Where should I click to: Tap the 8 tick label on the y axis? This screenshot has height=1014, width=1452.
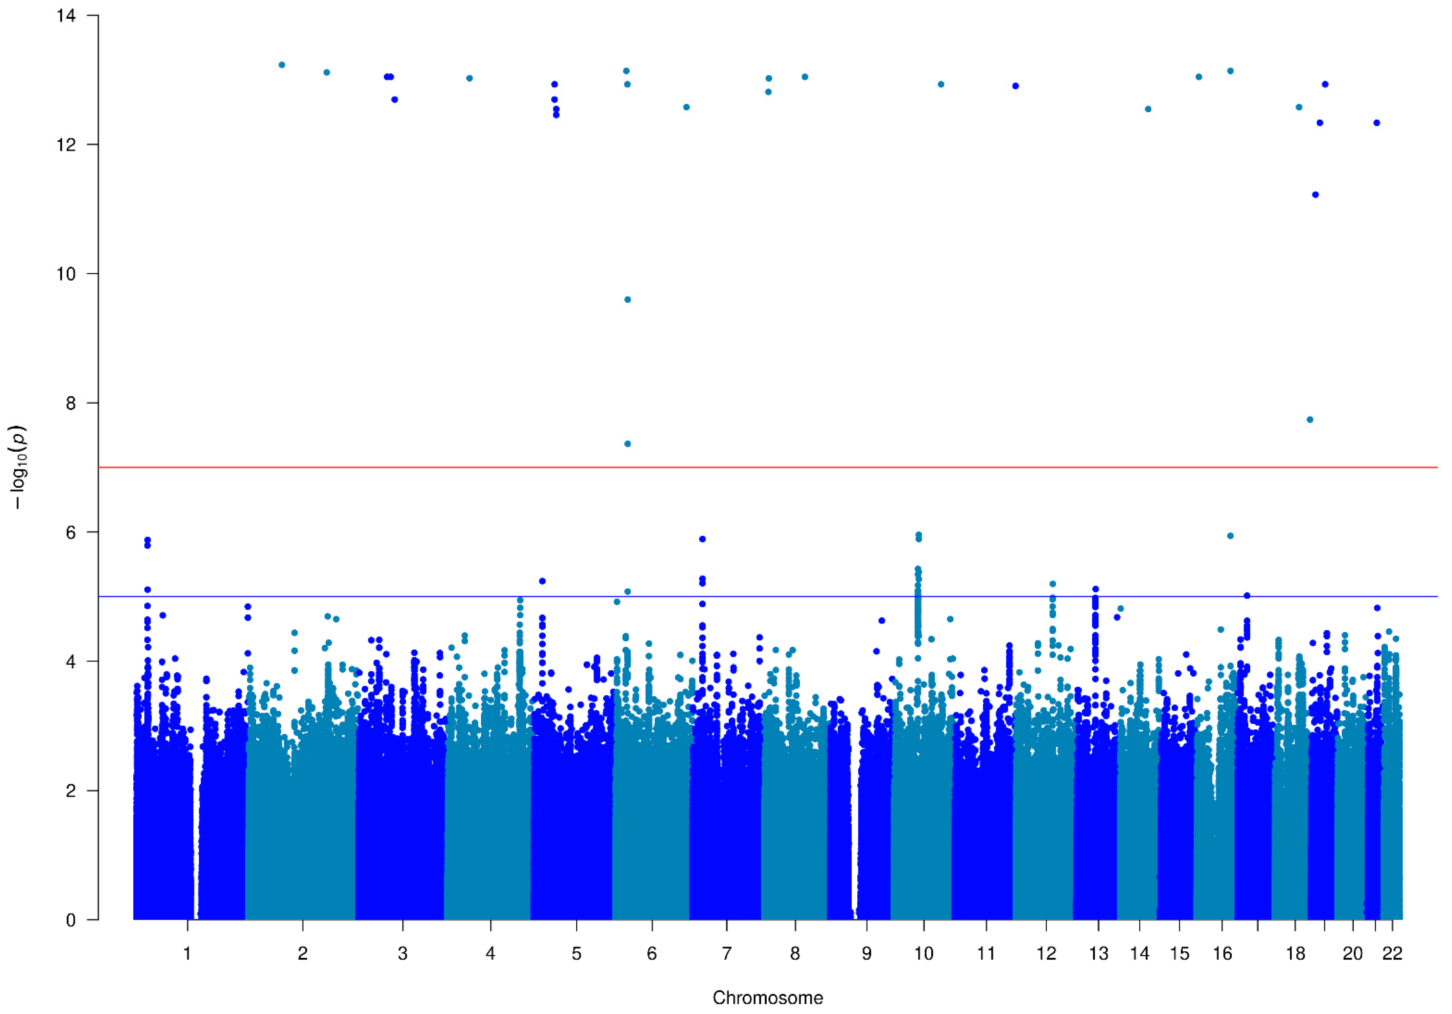point(70,403)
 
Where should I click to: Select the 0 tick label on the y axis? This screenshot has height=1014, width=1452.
point(70,920)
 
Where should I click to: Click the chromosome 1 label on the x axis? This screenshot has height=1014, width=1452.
point(187,953)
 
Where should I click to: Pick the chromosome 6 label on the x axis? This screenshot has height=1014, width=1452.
point(652,953)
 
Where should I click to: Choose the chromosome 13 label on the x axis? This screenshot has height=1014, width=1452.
point(1098,953)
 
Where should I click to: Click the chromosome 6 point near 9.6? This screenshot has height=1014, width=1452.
point(627,300)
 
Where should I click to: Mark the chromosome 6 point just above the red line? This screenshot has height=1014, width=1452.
point(627,444)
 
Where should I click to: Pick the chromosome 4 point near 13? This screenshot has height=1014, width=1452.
point(469,78)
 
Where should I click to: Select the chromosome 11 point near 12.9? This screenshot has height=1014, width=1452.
point(1016,86)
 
